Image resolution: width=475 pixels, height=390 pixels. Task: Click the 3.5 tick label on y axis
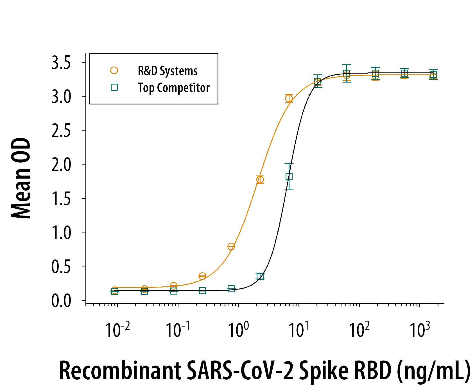coord(61,63)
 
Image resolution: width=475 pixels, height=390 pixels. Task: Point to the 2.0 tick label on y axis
coord(61,165)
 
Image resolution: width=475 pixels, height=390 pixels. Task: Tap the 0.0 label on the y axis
coord(61,301)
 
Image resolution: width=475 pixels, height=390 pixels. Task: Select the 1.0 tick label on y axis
coord(61,233)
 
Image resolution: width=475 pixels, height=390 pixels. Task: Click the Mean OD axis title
coord(21,178)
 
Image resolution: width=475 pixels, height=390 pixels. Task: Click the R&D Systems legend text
coord(168,71)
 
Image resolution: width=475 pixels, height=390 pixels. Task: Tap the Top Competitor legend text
coord(173,88)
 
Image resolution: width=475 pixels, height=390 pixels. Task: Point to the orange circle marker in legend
coord(114,70)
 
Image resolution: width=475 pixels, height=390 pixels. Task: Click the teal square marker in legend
coord(114,87)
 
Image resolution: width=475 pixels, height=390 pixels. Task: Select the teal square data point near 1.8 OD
coord(289,176)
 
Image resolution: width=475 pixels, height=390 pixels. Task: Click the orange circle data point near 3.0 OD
coord(289,98)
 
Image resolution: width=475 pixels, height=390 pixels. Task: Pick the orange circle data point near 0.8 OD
coord(231,247)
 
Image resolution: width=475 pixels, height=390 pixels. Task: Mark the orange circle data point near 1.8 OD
coord(260,179)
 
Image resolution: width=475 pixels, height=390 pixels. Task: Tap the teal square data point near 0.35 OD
coord(260,276)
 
